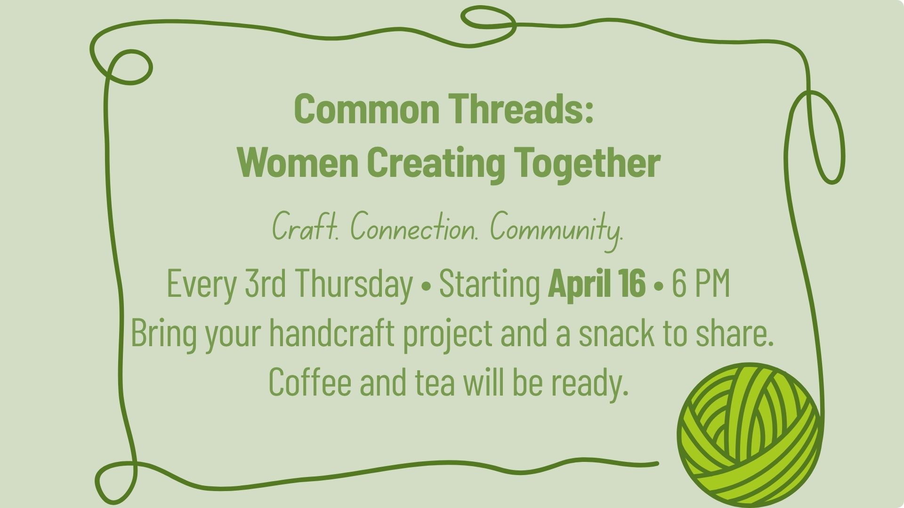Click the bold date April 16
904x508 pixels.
coord(597,284)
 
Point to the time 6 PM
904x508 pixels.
coord(701,284)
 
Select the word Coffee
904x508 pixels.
coord(310,381)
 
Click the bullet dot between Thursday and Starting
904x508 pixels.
coord(427,286)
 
